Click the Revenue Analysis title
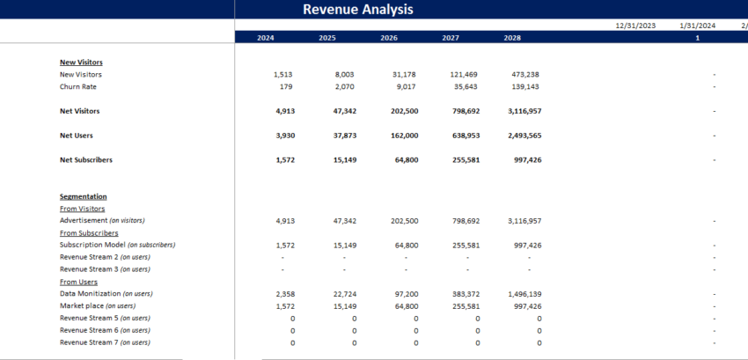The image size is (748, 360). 357,10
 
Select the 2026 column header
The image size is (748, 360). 389,38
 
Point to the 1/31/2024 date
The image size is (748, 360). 698,26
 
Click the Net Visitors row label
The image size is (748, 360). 79,111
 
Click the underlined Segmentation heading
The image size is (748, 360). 83,196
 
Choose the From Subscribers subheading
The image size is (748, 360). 89,232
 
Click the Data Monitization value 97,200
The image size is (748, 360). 404,293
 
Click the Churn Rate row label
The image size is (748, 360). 78,86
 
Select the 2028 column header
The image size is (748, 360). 512,38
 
